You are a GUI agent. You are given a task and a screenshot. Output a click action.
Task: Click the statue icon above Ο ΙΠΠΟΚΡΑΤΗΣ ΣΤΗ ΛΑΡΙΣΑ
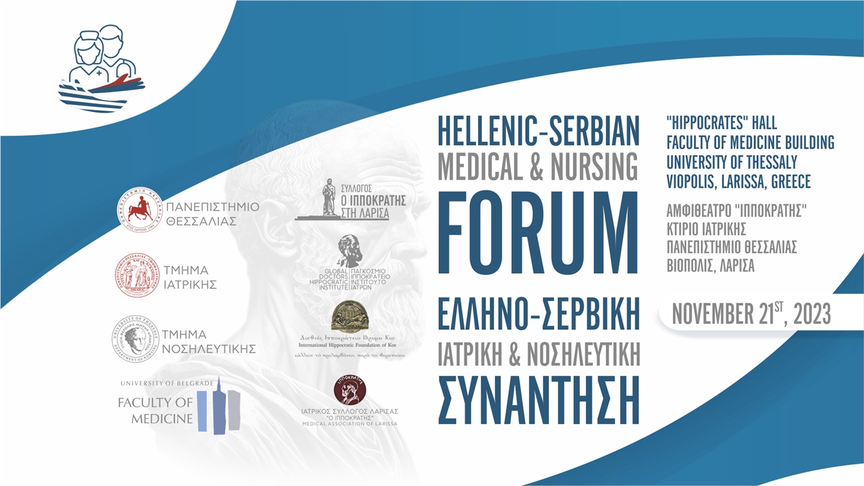pos(328,197)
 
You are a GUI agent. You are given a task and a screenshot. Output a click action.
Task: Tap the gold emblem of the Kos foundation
pos(350,315)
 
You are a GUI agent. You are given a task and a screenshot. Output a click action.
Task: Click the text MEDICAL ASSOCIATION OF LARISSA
pos(350,424)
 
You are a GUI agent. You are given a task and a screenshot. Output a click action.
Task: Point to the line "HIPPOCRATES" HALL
pos(721,124)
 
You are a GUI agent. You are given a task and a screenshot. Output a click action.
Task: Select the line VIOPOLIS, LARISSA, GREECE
pos(738,182)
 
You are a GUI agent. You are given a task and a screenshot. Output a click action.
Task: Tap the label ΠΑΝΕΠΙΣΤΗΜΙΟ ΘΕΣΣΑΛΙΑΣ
pos(211,213)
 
